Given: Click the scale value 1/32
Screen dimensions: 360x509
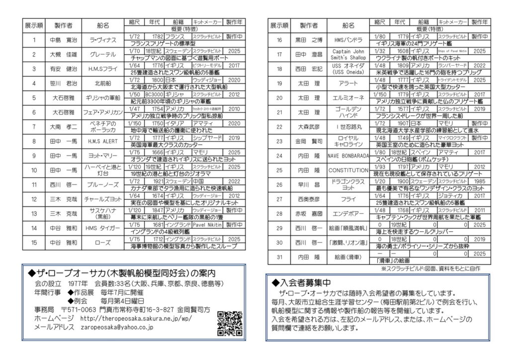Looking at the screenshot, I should pos(380,51).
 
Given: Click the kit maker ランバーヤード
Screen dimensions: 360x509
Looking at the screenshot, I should pos(453,65).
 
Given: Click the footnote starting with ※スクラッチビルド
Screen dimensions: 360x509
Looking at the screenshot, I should pos(437,268).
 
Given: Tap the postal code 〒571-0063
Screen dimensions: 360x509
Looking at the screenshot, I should pos(82,309).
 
